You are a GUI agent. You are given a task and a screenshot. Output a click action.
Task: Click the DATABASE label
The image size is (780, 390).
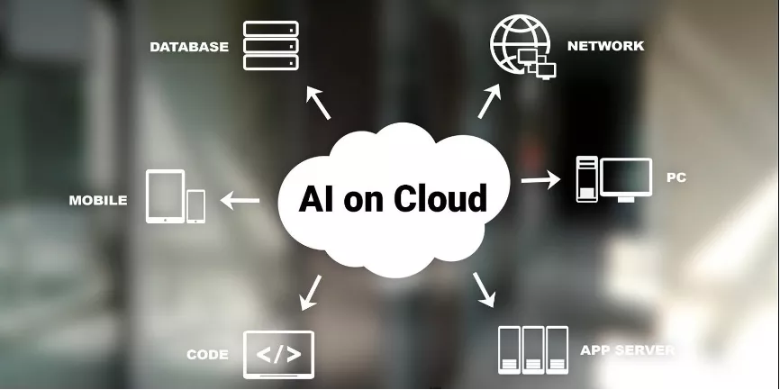click(189, 47)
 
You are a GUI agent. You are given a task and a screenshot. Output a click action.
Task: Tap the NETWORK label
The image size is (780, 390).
click(605, 46)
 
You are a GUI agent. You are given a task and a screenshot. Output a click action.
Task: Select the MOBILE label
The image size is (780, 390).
click(98, 200)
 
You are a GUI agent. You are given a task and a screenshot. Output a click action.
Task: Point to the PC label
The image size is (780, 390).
click(676, 177)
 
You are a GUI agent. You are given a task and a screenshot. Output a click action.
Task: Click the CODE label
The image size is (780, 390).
click(207, 355)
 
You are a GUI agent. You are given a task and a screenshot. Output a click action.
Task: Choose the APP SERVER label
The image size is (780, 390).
click(627, 349)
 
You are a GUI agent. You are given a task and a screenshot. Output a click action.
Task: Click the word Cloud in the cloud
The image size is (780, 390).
click(440, 198)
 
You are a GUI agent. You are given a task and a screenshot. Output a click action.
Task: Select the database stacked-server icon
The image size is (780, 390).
click(270, 45)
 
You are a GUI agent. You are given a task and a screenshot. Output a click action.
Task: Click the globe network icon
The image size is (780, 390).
click(522, 46)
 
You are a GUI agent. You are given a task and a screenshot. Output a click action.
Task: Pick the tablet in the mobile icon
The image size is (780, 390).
click(165, 196)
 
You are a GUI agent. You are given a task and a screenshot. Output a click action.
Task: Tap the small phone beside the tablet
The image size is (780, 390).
click(195, 206)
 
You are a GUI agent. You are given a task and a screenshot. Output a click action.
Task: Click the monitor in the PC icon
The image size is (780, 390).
click(626, 179)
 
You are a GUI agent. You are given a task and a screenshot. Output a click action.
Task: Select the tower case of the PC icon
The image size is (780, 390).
click(587, 179)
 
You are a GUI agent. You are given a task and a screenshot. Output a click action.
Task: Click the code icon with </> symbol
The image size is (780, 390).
click(278, 355)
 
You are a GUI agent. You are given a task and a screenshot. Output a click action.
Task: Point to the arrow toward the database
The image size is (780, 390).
click(318, 103)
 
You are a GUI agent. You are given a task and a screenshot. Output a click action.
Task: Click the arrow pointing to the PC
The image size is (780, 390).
click(540, 179)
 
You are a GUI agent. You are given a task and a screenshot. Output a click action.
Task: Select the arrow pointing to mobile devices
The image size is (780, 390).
click(240, 201)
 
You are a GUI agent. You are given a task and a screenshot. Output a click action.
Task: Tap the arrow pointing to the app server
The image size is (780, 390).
click(484, 289)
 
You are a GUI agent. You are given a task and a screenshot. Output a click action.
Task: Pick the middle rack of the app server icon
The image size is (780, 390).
click(533, 349)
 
